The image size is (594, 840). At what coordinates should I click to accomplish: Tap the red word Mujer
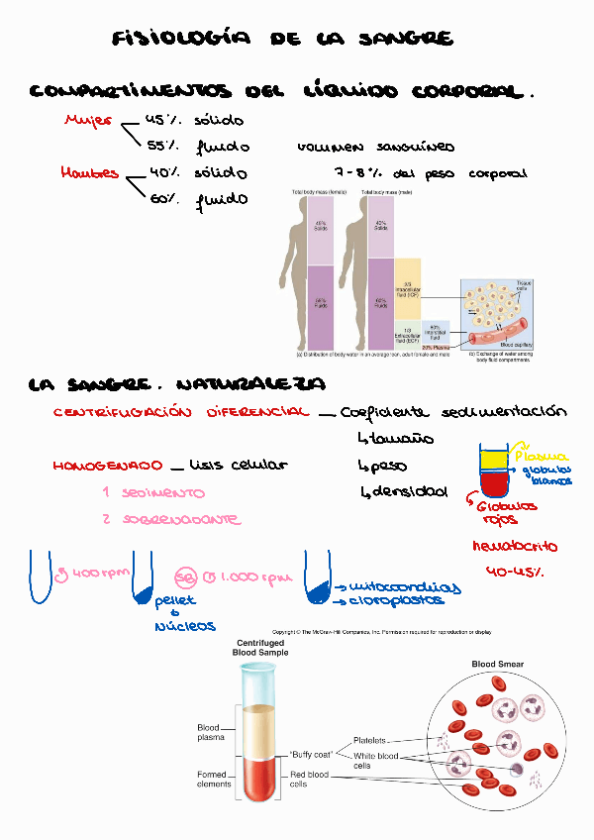(88, 121)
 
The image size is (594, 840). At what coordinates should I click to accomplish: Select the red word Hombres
(89, 172)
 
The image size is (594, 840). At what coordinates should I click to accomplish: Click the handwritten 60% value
(162, 199)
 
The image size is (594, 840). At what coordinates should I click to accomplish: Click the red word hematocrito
(515, 546)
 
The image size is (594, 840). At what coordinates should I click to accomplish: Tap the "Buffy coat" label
(310, 753)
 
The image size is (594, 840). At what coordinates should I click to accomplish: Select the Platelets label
(370, 740)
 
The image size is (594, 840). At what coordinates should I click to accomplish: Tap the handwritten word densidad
(410, 491)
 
